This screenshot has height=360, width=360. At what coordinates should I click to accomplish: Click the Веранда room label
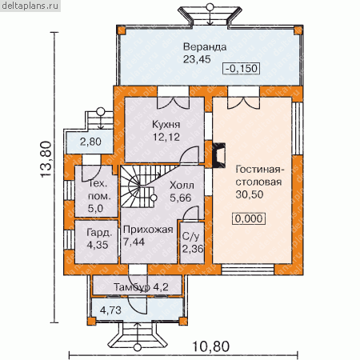coord(205,47)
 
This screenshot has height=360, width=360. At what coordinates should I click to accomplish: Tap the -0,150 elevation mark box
coord(242,68)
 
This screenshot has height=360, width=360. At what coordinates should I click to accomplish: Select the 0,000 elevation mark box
coord(249,218)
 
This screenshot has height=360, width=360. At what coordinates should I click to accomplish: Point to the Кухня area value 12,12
coord(166,137)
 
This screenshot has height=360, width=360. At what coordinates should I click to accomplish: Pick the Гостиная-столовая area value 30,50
coord(250,194)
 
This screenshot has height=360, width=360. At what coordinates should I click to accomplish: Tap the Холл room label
coord(182,185)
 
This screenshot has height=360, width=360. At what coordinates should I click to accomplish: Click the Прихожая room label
coord(148,230)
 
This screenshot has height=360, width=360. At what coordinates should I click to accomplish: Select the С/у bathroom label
coord(190,236)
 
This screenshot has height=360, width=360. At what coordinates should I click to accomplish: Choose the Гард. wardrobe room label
coord(99,233)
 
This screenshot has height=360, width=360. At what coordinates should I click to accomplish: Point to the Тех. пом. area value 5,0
coord(95,208)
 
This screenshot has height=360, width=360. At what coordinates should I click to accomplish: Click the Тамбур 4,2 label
coord(141,287)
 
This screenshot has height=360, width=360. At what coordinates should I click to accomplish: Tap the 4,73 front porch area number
coord(110,310)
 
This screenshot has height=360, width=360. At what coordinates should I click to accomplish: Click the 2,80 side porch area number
coord(90,142)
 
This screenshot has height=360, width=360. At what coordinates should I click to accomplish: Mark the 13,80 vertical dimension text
coord(46,159)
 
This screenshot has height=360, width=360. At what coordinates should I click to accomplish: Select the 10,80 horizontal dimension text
coord(210,346)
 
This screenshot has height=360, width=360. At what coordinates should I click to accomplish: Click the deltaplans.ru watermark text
coord(30,6)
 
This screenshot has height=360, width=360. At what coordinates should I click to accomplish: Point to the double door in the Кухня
coord(174,102)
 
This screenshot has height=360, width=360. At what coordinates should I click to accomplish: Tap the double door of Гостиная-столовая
coord(243,102)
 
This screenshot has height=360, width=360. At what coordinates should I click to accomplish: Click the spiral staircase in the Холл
coord(138,186)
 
